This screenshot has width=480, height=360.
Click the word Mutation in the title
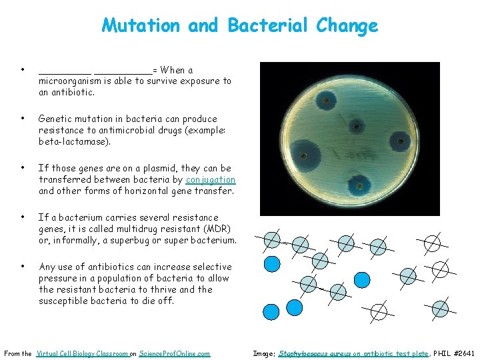point(141,26)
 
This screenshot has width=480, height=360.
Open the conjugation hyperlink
point(211,180)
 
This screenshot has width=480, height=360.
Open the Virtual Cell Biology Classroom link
point(83,353)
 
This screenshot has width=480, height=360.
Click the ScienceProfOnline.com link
point(174,353)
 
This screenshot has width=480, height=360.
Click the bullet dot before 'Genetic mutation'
point(23,119)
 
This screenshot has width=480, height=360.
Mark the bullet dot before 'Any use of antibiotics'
point(23,267)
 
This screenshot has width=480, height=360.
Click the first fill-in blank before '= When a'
point(65,71)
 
